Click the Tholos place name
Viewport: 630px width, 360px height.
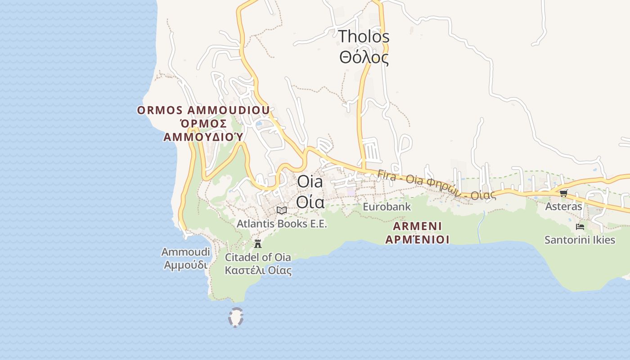coord(364,36)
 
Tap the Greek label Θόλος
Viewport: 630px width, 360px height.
coord(364,58)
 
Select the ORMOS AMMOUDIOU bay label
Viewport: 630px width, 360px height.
coord(203,110)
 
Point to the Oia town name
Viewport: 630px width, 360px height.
coord(310,182)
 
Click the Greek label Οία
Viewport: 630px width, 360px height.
coord(310,202)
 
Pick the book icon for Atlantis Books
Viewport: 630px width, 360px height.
coord(282,210)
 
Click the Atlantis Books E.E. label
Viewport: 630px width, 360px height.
coord(282,224)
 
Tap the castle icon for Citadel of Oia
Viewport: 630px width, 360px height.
coord(258,244)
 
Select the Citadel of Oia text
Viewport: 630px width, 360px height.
coord(258,257)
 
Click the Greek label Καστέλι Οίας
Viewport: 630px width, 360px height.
coord(258,270)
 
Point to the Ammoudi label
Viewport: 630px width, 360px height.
coord(185,252)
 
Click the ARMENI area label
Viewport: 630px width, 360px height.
coord(417,226)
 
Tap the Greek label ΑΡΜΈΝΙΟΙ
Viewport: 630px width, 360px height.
coord(417,239)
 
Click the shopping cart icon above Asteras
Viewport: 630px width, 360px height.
coord(563,193)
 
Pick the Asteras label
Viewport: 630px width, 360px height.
coord(563,207)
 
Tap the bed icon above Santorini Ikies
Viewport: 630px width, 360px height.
coord(580,226)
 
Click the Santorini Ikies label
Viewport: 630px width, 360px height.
coord(580,240)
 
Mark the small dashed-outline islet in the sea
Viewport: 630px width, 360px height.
coord(236,317)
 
